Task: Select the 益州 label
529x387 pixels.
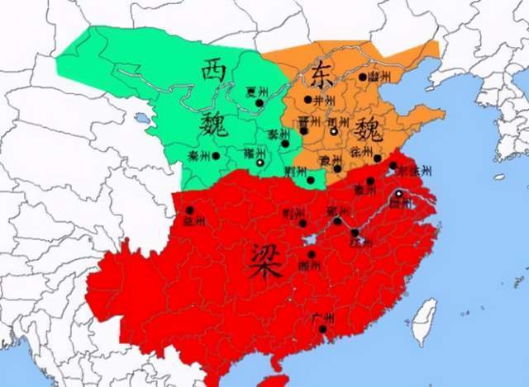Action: point(193,222)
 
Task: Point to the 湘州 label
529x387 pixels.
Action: point(311,266)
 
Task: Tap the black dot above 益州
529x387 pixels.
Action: point(189,210)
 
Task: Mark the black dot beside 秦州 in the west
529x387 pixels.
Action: point(216,155)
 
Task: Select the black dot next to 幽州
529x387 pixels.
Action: point(362,77)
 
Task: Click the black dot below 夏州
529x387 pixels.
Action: point(259,103)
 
